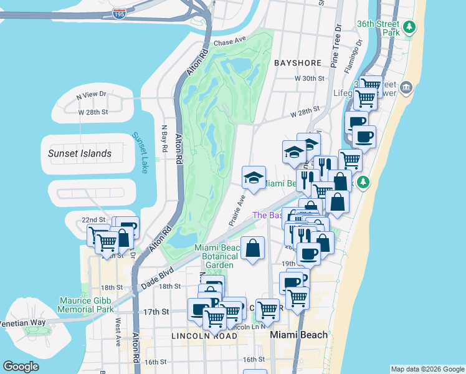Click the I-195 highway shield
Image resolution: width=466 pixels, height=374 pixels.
click(118, 13)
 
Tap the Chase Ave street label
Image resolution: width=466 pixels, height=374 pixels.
click(231, 42)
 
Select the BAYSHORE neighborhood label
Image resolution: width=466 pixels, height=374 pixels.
click(297, 63)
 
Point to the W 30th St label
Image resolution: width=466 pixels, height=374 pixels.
click(310, 79)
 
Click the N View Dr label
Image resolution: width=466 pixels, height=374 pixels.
click(92, 97)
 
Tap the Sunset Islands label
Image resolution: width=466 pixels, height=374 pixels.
click(80, 153)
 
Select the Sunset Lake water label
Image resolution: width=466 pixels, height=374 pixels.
click(140, 153)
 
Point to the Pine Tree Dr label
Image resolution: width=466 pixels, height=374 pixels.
click(337, 46)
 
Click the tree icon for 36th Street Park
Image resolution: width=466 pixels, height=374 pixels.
click(409, 27)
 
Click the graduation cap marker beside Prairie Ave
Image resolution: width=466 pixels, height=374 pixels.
click(254, 177)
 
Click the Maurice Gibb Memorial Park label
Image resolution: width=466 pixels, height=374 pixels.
click(87, 305)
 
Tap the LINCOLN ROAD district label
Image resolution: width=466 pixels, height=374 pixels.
click(204, 336)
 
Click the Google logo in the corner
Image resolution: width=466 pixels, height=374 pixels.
click(21, 367)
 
